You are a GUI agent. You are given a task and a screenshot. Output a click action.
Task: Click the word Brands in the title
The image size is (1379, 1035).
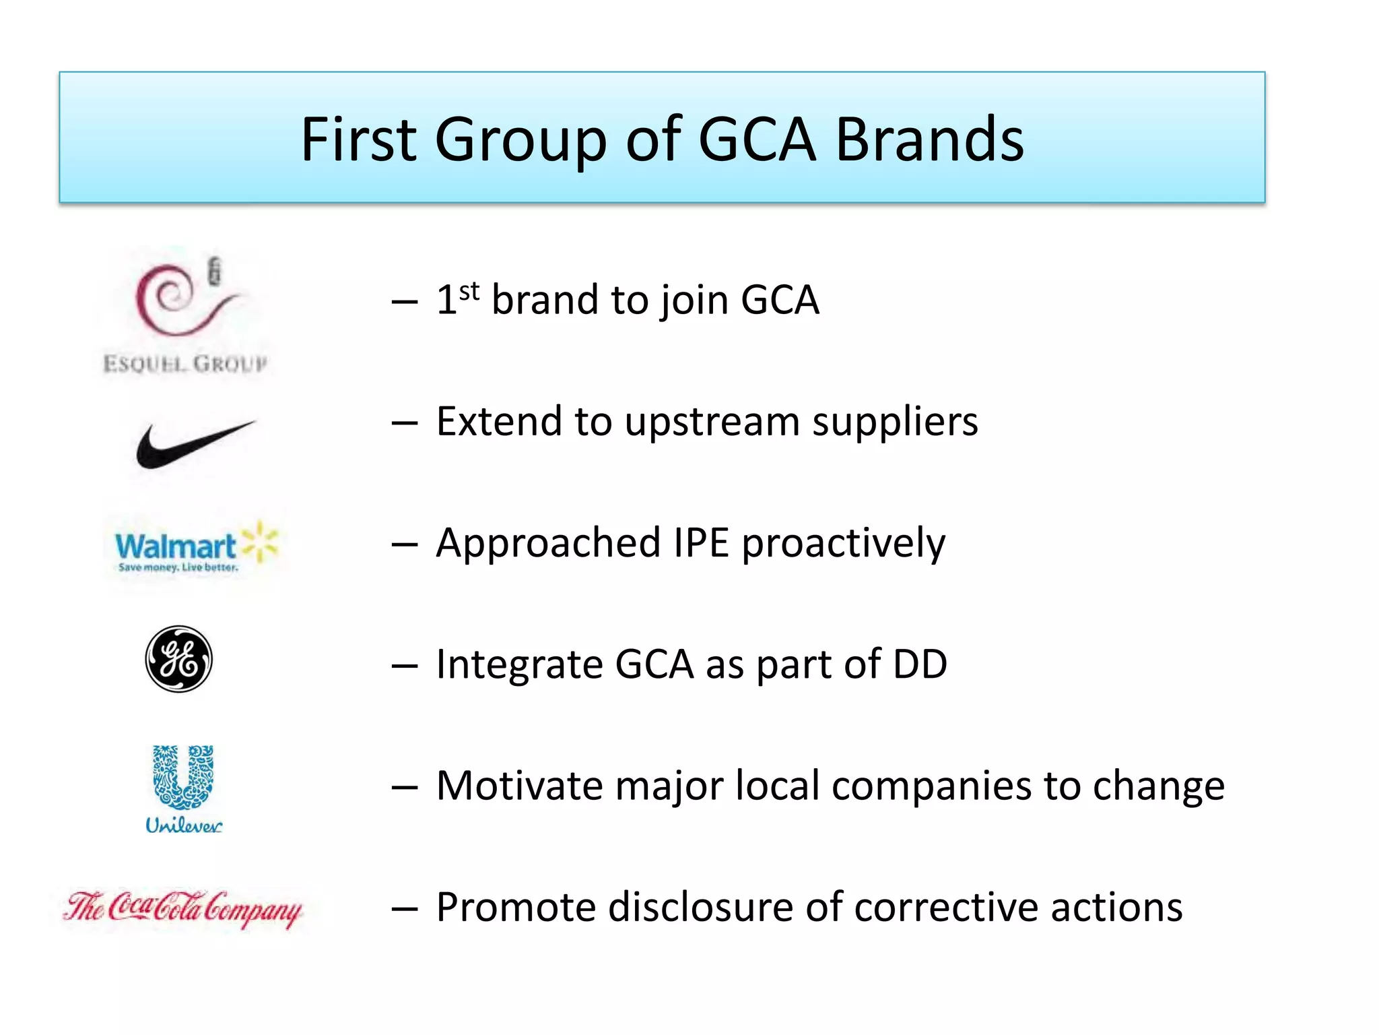[929, 139]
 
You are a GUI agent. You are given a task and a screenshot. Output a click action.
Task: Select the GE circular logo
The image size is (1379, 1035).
[179, 659]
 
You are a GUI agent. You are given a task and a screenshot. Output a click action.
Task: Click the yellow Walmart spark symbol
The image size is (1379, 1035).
[260, 541]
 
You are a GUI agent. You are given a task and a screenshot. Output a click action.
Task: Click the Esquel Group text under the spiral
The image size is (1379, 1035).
[185, 364]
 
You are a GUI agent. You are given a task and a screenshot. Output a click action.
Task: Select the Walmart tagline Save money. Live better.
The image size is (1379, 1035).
[178, 567]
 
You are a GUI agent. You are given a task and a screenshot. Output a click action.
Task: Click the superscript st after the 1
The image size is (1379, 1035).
[469, 292]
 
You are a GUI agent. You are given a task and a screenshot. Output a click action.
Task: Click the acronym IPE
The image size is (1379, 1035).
[701, 543]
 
